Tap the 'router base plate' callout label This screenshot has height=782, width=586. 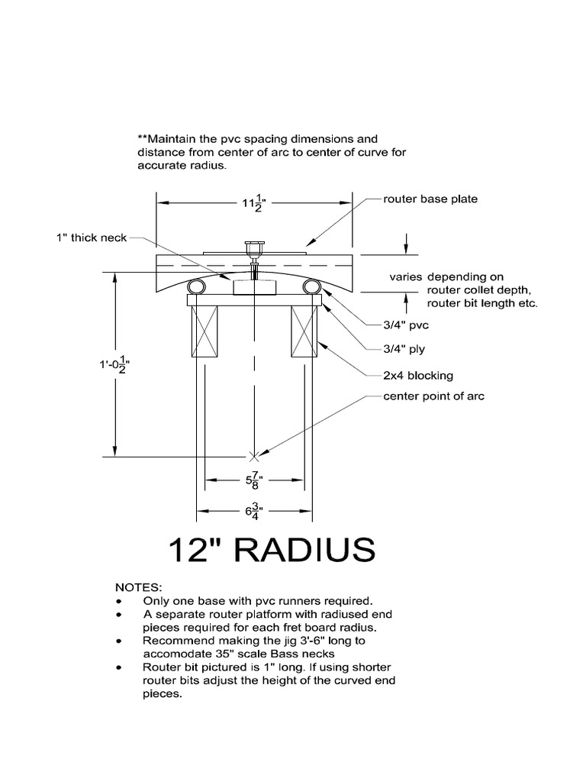coord(430,199)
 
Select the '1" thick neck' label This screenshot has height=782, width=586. coord(91,238)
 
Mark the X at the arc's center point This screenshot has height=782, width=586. coord(254,456)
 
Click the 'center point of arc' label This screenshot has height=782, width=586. coord(433,396)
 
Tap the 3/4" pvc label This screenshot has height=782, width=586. coord(406,325)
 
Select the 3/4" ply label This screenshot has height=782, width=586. coord(404,349)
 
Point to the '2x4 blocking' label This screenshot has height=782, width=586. coord(418,375)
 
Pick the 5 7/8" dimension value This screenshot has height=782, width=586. coord(254,481)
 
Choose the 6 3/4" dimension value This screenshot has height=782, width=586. coord(254,511)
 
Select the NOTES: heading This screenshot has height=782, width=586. coord(138,587)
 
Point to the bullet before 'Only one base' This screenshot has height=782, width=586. coord(119,601)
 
